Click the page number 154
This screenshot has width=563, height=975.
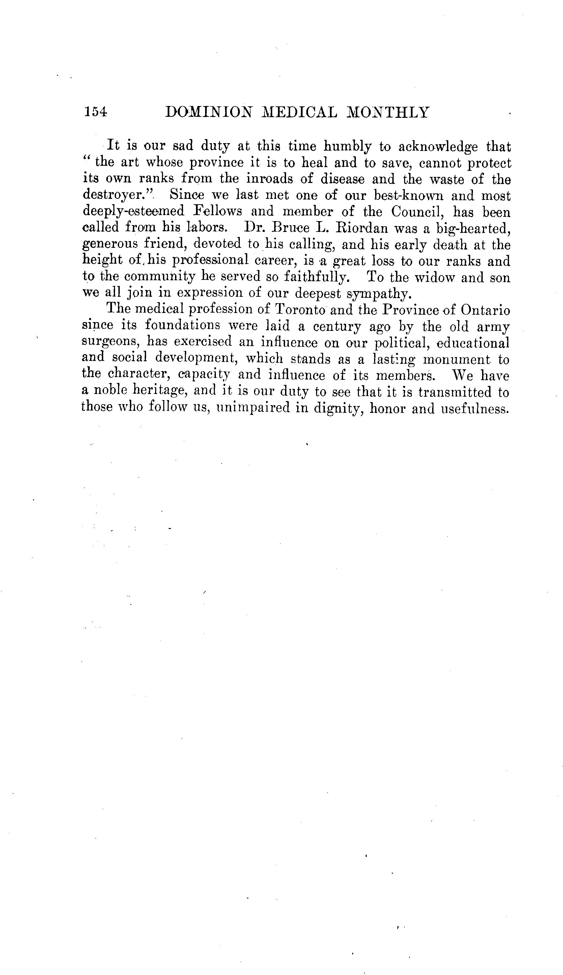[95, 112]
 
